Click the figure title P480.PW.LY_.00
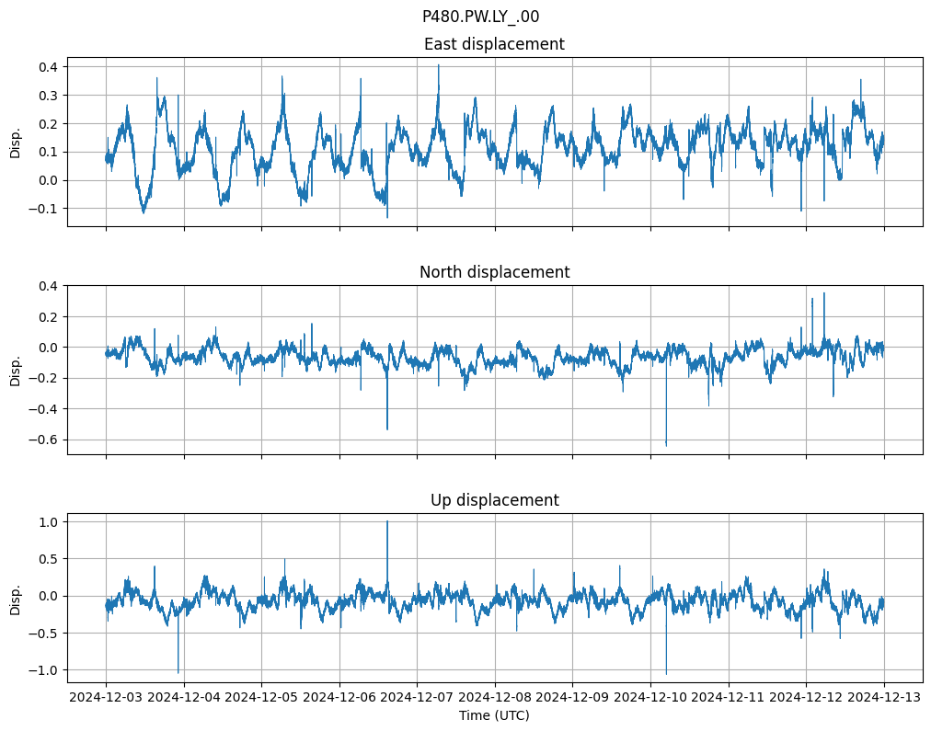[x=480, y=17]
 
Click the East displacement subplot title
[x=494, y=44]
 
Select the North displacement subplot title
[x=494, y=272]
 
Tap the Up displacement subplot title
[x=494, y=500]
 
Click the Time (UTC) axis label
[x=494, y=715]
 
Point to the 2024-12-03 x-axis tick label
[x=106, y=698]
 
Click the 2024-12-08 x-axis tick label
[x=495, y=698]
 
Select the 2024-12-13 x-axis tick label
[x=884, y=698]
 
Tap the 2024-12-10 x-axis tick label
[x=650, y=698]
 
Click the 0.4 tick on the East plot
[x=47, y=67]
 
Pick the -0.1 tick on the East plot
[x=43, y=209]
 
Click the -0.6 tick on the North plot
[x=43, y=440]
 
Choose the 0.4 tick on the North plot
[x=47, y=286]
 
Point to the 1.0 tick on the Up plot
[x=47, y=522]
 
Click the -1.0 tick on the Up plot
[x=43, y=670]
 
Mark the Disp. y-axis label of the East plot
[x=16, y=142]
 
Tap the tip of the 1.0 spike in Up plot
[x=387, y=521]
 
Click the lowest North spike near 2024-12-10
[x=666, y=445]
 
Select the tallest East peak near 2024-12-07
[x=439, y=64]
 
